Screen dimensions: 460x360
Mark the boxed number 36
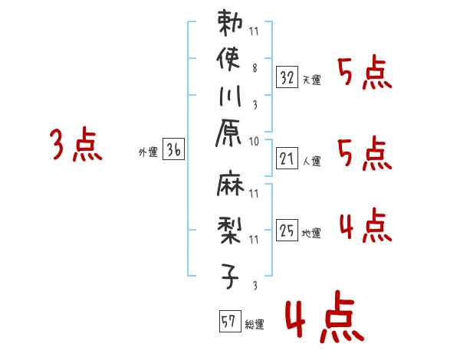[x=173, y=150]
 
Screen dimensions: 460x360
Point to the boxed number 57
[x=228, y=321]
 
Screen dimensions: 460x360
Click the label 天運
[x=312, y=80]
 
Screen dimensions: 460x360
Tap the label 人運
[x=312, y=161]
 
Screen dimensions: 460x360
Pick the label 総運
[x=254, y=325]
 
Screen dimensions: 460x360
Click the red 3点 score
[x=75, y=146]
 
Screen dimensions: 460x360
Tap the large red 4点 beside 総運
[x=322, y=319]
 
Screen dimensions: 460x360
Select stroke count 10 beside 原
[x=255, y=141]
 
